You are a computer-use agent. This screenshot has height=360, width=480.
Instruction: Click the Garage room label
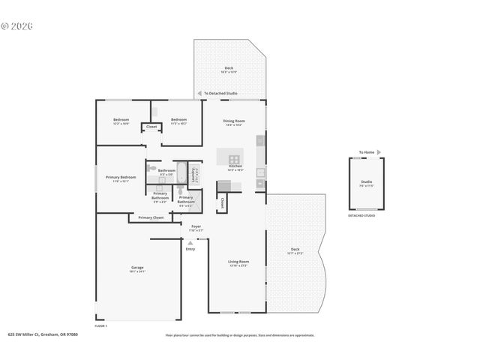tap(137, 268)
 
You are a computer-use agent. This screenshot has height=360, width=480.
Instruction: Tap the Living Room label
tap(238, 262)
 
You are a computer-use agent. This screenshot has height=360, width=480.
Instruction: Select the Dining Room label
tap(234, 121)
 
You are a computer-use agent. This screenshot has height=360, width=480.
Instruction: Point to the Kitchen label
tap(235, 166)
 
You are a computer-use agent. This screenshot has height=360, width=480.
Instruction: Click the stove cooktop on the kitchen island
tap(234, 159)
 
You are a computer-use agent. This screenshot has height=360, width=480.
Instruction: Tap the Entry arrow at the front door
tap(190, 242)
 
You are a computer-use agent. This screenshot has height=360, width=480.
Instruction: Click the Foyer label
tap(196, 226)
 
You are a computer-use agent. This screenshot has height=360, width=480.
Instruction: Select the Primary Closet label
tap(151, 217)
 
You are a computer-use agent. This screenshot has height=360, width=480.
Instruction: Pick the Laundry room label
tap(193, 174)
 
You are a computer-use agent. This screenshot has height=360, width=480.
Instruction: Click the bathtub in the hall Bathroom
tap(181, 169)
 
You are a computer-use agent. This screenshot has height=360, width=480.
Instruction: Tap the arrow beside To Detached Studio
tap(199, 94)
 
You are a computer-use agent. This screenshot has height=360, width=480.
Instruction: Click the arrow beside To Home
tap(379, 151)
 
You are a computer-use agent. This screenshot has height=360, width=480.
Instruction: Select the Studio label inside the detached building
tap(366, 182)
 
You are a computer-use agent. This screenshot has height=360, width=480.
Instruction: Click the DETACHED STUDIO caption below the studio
tap(361, 216)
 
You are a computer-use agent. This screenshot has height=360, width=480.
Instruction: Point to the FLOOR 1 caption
tap(101, 326)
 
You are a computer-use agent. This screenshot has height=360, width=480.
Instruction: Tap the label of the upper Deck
tap(229, 68)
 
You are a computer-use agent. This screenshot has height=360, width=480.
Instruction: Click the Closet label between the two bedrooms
tap(151, 127)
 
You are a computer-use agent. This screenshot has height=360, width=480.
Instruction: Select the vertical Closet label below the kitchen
tap(223, 202)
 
